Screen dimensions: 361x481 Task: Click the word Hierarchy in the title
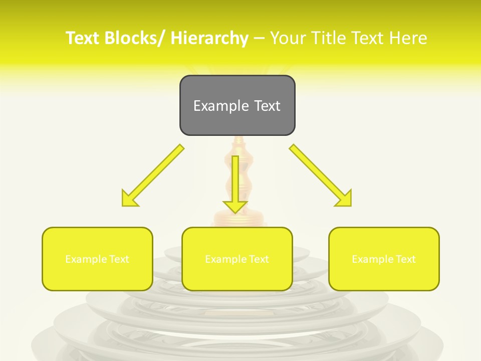[x=209, y=38]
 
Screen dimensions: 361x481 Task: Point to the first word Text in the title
[x=83, y=38]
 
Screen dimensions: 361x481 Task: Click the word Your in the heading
[x=288, y=38]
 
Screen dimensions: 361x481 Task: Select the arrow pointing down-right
[x=321, y=175]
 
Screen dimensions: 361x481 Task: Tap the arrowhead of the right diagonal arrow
[x=344, y=199]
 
